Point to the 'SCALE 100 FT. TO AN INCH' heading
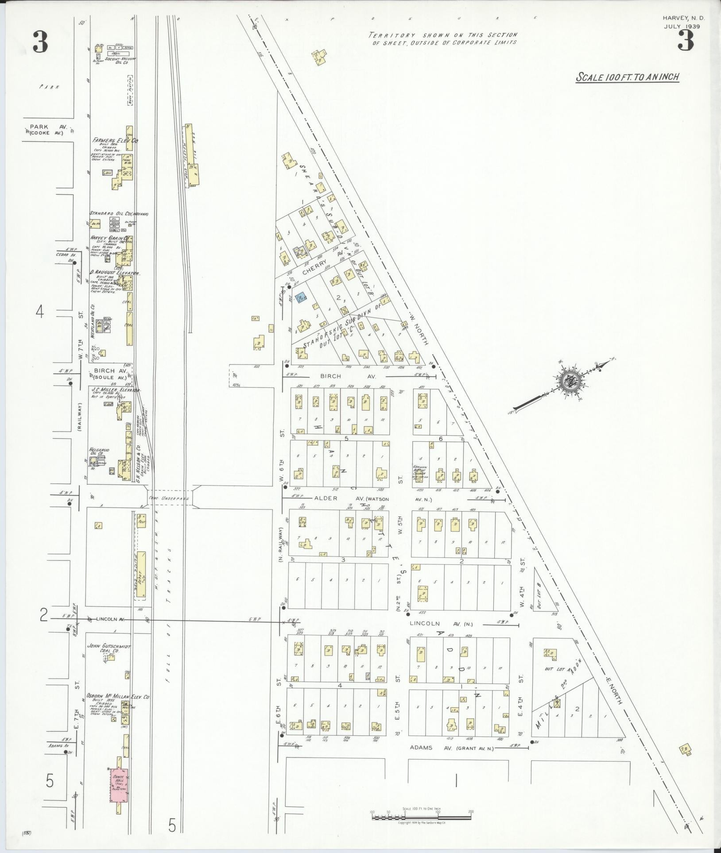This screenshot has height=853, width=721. point(627,77)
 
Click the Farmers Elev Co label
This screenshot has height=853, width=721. point(115,140)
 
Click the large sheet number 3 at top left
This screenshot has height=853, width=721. point(40,43)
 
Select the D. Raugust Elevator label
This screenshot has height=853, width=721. point(115,273)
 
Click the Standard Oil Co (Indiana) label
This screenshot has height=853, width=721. point(119,213)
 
